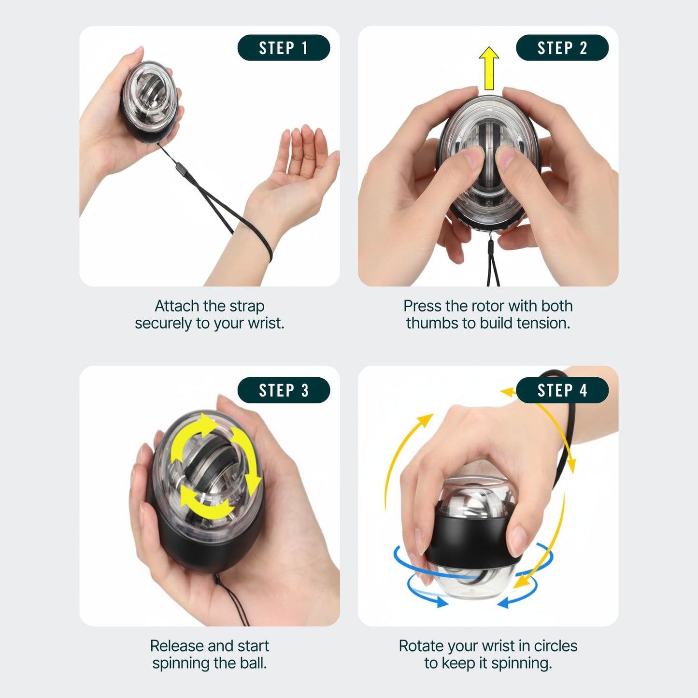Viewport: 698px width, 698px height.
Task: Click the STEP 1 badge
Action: point(284,48)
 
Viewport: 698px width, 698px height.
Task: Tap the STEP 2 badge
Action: point(562,48)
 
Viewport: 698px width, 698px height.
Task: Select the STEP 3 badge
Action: point(284,390)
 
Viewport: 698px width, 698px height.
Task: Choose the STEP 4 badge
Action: point(562,390)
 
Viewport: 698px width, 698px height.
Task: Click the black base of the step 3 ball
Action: point(203,551)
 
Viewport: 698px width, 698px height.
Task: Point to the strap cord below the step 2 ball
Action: point(493,266)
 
